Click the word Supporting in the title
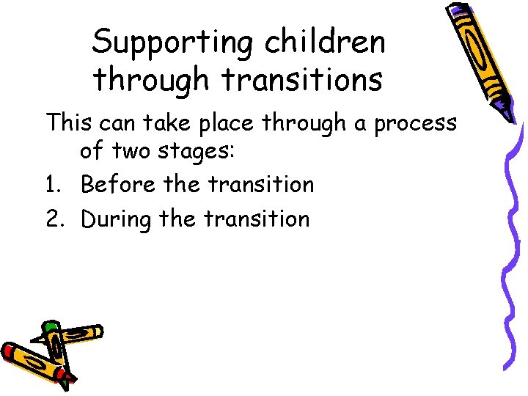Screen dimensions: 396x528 (174, 43)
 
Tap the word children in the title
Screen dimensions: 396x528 (325, 43)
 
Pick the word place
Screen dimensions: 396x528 (227, 123)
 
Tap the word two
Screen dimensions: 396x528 (132, 152)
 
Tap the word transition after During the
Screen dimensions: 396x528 (257, 219)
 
